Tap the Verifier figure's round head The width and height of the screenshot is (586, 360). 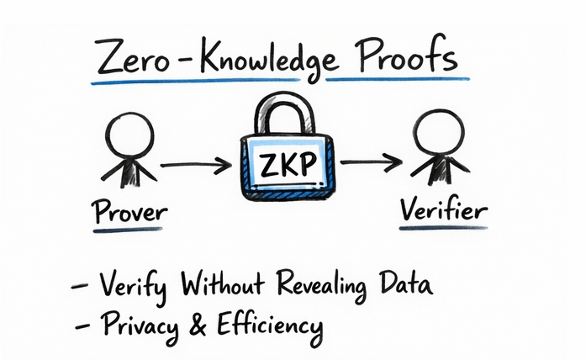point(436,135)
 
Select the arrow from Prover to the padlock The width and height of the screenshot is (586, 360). point(195,164)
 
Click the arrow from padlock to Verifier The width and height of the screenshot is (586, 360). point(370,162)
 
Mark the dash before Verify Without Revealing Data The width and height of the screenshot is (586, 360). point(80,289)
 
